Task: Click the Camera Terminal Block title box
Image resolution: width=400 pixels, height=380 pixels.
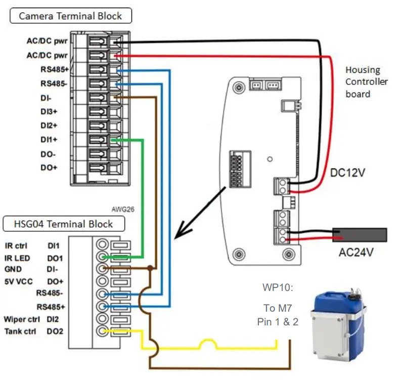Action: (70, 16)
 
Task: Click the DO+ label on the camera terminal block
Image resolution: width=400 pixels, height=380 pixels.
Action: (50, 167)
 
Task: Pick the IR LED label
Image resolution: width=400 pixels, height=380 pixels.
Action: (16, 258)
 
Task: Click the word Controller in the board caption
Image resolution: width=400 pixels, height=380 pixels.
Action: (367, 82)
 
